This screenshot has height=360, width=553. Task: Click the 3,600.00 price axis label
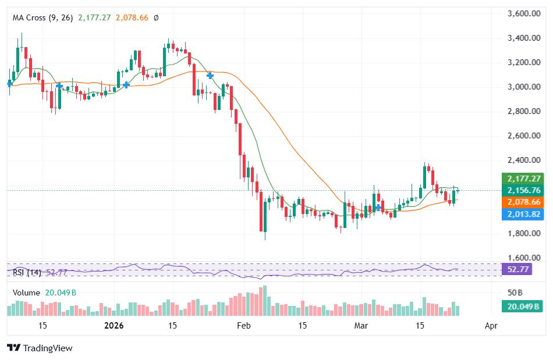tap(522, 13)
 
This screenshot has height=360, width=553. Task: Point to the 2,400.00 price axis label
tap(522, 160)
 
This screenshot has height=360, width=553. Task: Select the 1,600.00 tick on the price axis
tap(522, 258)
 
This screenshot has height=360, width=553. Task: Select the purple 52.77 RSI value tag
tap(518, 270)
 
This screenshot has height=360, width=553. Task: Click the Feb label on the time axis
tap(244, 326)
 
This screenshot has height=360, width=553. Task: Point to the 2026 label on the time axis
tap(115, 326)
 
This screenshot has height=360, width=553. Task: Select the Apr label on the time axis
tap(491, 326)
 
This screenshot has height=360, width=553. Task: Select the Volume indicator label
tap(26, 293)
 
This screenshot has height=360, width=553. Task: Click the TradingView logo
tap(40, 348)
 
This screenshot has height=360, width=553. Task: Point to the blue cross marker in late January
tap(210, 76)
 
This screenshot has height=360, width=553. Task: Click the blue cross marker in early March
tap(378, 208)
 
